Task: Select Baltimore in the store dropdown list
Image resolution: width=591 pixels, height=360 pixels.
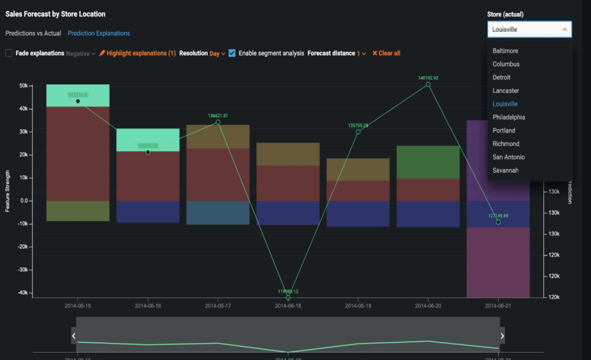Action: coord(505,51)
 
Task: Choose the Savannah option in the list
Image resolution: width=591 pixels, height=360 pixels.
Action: coord(506,170)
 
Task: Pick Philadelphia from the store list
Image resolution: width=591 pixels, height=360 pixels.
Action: coord(508,117)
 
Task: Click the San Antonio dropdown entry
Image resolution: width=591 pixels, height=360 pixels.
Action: coord(508,157)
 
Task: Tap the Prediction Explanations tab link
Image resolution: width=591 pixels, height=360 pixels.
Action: coord(99,33)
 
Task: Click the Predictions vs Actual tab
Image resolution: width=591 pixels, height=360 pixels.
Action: coord(33,33)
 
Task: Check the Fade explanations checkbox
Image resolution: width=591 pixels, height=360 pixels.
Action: coord(9,53)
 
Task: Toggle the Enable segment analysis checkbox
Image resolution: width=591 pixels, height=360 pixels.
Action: coord(232,53)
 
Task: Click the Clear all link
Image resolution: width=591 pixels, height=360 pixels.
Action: coord(386,53)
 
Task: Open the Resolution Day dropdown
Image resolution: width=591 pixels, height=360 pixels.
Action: coord(217,53)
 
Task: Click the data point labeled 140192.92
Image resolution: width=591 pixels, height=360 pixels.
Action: coord(428,85)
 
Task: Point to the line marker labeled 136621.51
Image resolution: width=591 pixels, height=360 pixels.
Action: coord(218,122)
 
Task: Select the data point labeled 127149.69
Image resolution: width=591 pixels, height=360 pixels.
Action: coord(498,222)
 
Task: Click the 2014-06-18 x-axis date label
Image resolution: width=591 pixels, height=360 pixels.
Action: coord(288,305)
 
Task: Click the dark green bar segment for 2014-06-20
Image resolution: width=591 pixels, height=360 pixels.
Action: coord(428,162)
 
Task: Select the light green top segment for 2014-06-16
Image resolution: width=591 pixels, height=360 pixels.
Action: coord(148,140)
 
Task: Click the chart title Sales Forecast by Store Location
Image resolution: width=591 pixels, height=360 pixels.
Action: coord(55,14)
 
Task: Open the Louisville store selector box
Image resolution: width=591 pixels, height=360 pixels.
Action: coord(529,29)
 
